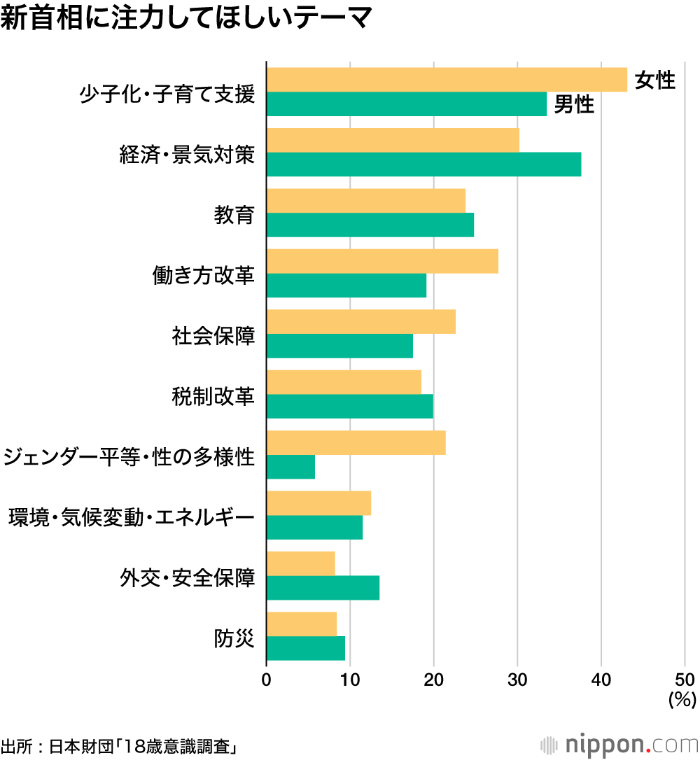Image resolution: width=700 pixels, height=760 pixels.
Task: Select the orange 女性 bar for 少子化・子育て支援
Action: pos(447,80)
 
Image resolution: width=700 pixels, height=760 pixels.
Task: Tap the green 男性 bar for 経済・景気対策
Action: pos(423,164)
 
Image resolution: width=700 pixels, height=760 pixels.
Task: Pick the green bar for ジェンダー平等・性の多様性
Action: pos(290,467)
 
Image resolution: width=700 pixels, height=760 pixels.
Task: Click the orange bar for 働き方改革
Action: pos(382,261)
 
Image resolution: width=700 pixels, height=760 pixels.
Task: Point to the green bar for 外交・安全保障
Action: pos(323,588)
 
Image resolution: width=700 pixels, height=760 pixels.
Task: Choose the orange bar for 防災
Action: pos(302,624)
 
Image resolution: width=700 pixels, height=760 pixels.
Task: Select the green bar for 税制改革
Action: pos(350,407)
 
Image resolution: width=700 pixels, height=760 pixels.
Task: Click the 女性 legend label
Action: pos(654,80)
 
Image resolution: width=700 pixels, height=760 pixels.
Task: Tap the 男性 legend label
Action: pos(574,105)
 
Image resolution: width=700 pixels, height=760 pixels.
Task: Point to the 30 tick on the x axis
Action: pos(517,680)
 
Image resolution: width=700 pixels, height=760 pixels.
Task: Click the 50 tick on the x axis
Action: pos(685,680)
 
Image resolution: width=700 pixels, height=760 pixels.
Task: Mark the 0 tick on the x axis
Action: pos(267,680)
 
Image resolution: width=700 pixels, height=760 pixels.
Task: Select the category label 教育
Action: pos(234,215)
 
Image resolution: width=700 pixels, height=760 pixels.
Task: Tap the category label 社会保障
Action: pos(213,336)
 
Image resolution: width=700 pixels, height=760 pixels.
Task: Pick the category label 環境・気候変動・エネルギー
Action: pos(131,519)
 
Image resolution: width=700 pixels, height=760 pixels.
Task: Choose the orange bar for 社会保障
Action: pos(361,322)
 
